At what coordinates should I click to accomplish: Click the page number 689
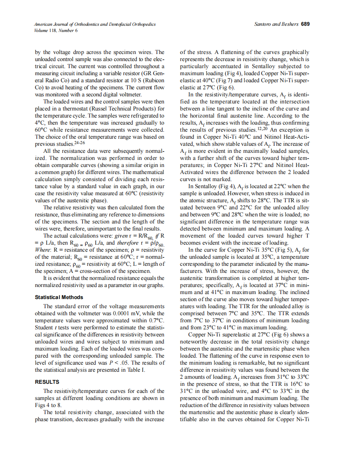pyautogui.click(x=305, y=25)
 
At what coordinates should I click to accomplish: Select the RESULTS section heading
pyautogui.click(x=47, y=382)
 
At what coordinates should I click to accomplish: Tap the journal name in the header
pyautogui.click(x=95, y=25)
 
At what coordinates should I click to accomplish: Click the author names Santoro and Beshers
pyautogui.click(x=276, y=25)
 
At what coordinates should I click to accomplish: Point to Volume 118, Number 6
pyautogui.click(x=56, y=30)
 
